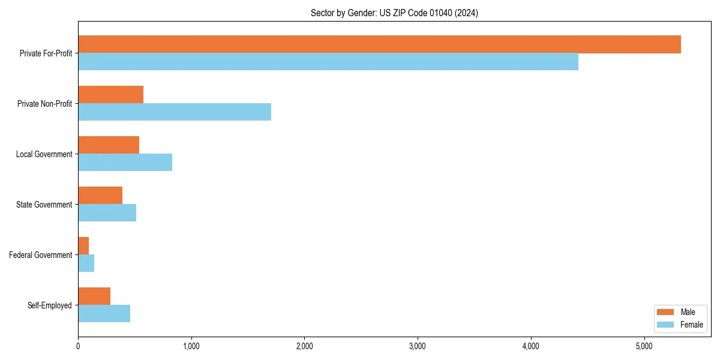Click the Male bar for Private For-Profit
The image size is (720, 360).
379,44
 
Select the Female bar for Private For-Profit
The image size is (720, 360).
328,62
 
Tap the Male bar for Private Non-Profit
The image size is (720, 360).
110,95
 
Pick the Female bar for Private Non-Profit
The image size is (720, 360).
175,112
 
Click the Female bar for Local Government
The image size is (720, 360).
125,163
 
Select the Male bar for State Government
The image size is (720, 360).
100,196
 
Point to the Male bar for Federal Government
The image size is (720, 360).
83,246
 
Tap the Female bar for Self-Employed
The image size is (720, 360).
104,314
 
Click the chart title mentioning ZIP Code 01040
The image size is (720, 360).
394,13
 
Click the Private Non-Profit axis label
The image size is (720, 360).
44,104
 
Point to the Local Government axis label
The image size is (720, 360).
44,154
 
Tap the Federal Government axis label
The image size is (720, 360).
41,255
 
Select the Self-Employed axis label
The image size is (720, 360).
50,305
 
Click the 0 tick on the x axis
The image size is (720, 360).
78,346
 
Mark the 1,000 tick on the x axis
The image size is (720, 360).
191,346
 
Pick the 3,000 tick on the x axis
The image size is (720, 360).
418,346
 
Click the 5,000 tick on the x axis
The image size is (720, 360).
644,346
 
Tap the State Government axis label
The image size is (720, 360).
44,205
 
